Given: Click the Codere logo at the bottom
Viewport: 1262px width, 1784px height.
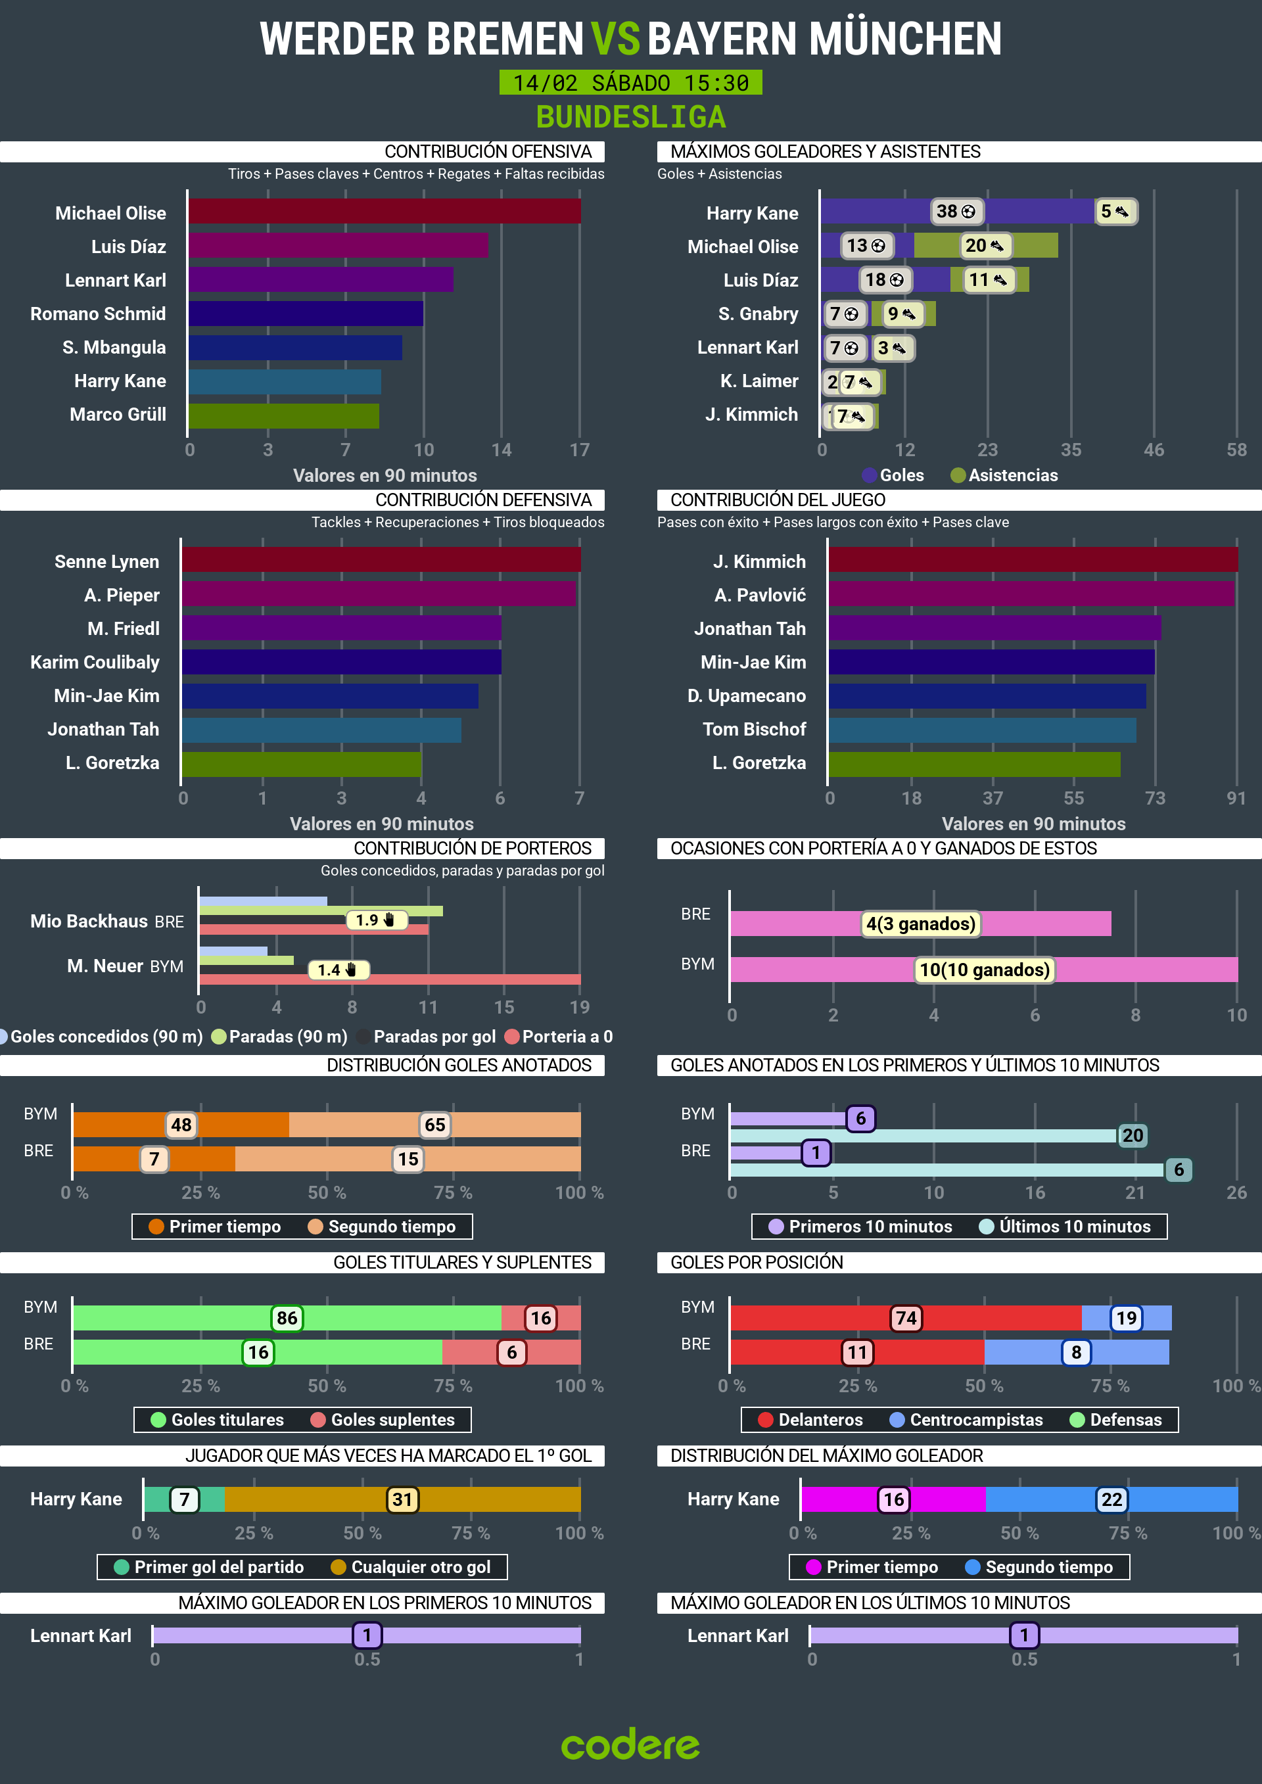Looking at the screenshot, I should [630, 1745].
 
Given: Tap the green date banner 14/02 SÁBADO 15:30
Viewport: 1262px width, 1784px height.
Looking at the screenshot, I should [630, 82].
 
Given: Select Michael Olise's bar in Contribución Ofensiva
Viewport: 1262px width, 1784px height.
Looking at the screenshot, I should [384, 212].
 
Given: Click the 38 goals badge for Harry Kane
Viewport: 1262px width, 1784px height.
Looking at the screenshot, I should [956, 212].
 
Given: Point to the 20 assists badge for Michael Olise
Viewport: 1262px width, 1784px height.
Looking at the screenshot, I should [985, 246].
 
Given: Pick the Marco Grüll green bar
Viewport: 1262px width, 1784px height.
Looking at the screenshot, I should [284, 415].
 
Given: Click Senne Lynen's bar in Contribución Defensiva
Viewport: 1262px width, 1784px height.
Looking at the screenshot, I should [381, 559].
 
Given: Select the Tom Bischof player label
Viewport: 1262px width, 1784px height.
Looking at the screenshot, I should [754, 729].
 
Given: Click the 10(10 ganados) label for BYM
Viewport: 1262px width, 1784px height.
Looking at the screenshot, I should [984, 970].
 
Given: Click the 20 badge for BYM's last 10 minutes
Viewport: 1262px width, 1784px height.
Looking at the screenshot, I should [1133, 1135].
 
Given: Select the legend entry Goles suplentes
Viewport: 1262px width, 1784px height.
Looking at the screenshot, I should [392, 1420].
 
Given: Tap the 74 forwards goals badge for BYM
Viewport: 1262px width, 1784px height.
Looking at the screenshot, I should [906, 1318].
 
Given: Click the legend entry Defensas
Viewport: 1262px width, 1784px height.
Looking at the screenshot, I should [1125, 1420].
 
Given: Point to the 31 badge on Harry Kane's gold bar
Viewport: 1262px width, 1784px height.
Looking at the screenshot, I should [402, 1499].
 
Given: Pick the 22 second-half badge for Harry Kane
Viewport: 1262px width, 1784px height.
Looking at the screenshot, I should [1111, 1499].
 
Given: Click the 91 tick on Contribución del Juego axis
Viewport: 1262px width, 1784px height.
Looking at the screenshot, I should [1236, 798].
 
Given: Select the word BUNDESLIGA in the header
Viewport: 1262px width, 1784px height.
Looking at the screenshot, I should [630, 117].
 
